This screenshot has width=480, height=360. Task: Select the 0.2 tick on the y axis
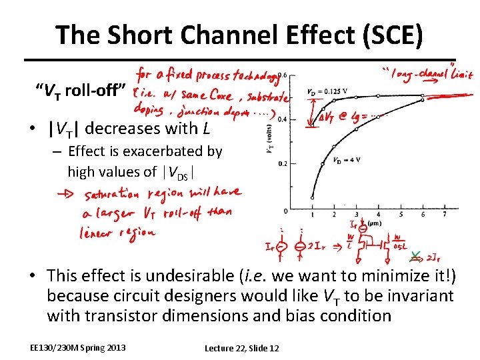click(x=283, y=163)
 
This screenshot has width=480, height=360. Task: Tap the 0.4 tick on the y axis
click(x=283, y=119)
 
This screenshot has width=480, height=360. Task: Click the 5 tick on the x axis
click(x=378, y=214)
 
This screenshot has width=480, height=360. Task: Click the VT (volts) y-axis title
click(x=270, y=141)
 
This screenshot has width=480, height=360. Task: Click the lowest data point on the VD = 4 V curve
click(x=313, y=198)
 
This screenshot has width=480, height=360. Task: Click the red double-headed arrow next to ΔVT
click(x=311, y=114)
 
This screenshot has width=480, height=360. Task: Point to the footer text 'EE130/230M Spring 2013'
click(x=77, y=347)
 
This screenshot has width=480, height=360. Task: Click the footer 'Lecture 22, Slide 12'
click(x=242, y=348)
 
